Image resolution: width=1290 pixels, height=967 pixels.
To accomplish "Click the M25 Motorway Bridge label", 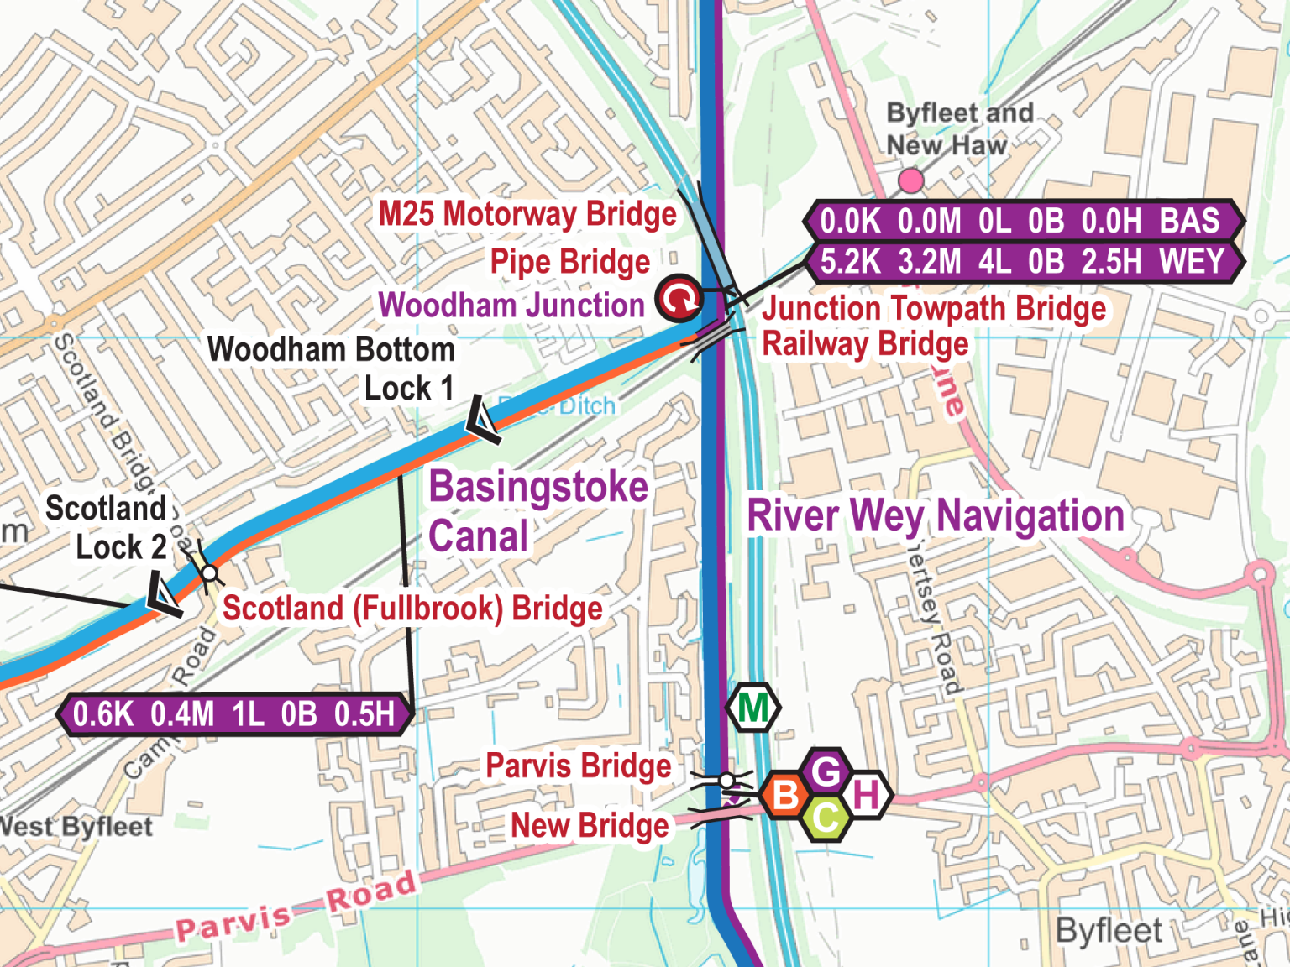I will click(x=527, y=214).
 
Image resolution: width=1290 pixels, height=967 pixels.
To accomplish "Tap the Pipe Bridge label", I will click(x=569, y=262).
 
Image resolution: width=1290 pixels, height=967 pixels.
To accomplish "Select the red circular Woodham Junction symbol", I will click(x=679, y=298).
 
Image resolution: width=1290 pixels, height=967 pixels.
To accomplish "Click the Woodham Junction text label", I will click(x=511, y=306).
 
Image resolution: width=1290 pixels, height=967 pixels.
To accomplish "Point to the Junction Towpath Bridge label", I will click(x=934, y=309).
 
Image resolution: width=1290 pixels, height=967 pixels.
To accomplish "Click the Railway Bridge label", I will click(x=865, y=344).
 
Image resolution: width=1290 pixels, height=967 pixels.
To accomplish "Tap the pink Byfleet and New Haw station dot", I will click(x=910, y=180).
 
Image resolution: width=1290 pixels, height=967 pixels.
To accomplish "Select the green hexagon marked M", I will click(x=753, y=708).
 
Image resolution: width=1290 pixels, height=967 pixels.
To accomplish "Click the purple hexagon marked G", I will click(x=826, y=771).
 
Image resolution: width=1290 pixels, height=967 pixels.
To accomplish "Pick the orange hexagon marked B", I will click(x=786, y=794).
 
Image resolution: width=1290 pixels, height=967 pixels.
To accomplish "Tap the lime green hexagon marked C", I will click(x=826, y=817).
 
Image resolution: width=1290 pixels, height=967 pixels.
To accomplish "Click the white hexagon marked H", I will click(x=866, y=794).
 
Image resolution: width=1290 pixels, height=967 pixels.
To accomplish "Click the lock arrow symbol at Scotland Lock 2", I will click(x=164, y=594).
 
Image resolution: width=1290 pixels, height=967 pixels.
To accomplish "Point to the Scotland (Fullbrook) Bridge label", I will click(x=412, y=609).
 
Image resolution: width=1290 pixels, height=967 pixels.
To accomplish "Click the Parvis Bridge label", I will click(x=579, y=766).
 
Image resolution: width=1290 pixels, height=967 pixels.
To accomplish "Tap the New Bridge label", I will click(x=590, y=825).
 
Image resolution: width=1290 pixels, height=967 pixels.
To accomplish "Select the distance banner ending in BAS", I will click(x=1022, y=222).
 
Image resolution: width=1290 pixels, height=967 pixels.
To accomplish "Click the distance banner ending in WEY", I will click(x=1022, y=262).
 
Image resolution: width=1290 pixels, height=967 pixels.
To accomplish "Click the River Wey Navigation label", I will click(x=936, y=515).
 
